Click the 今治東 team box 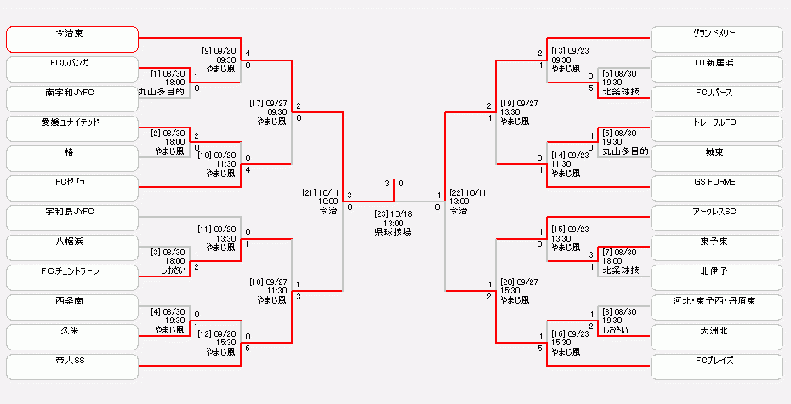pos(71,39)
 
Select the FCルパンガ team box pos(71,69)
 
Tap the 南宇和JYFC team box pos(71,99)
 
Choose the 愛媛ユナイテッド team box pos(71,128)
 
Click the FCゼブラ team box pos(71,188)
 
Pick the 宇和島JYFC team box pos(71,218)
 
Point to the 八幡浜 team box pos(71,248)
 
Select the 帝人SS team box pos(71,367)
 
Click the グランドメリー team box pos(716,39)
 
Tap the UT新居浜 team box pos(716,69)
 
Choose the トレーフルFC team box pos(716,128)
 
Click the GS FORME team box pos(716,188)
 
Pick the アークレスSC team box pos(716,218)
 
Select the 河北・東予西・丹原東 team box pos(716,307)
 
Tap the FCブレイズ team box pos(716,367)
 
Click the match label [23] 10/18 pos(393,214)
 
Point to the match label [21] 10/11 pos(321,193)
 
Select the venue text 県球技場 pos(393,231)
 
